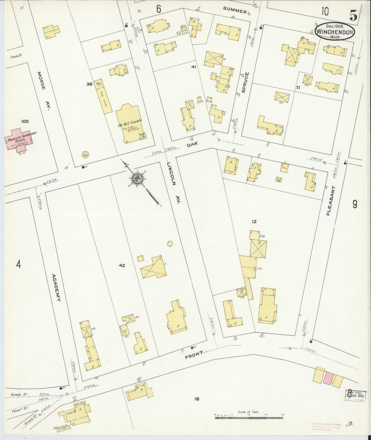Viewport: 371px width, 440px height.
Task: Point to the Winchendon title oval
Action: click(x=335, y=32)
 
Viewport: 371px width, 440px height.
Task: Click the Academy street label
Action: click(x=56, y=288)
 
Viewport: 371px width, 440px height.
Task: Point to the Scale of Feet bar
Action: click(x=249, y=418)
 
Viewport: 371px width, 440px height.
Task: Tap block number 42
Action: click(x=122, y=265)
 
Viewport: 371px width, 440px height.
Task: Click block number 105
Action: click(x=25, y=121)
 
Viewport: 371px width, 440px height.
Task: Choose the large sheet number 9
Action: click(x=355, y=204)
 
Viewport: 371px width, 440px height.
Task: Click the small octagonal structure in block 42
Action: click(x=169, y=243)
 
